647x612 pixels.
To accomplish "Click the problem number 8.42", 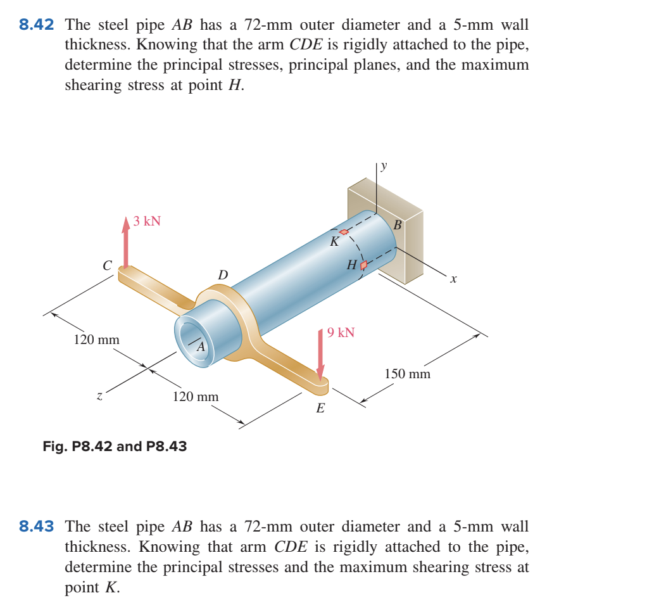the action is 36,25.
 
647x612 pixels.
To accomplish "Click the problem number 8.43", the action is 36,526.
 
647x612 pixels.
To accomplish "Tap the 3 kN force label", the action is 147,221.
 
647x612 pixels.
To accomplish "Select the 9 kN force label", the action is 341,333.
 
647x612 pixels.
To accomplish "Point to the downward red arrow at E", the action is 320,355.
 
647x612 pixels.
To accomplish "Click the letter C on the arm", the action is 108,264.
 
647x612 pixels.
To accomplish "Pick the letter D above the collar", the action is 222,275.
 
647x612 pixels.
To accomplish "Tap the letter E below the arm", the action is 320,409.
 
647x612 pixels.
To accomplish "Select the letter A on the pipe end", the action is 201,347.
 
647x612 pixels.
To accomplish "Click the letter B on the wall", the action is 398,225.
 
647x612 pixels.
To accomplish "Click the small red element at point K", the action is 344,232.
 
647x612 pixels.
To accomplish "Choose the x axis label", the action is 453,278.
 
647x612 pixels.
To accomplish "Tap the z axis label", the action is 99,397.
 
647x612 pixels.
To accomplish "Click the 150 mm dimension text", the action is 407,374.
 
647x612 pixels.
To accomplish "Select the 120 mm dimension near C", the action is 96,340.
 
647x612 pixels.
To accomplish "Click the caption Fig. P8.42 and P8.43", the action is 115,446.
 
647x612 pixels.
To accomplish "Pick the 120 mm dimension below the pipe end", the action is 196,397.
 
